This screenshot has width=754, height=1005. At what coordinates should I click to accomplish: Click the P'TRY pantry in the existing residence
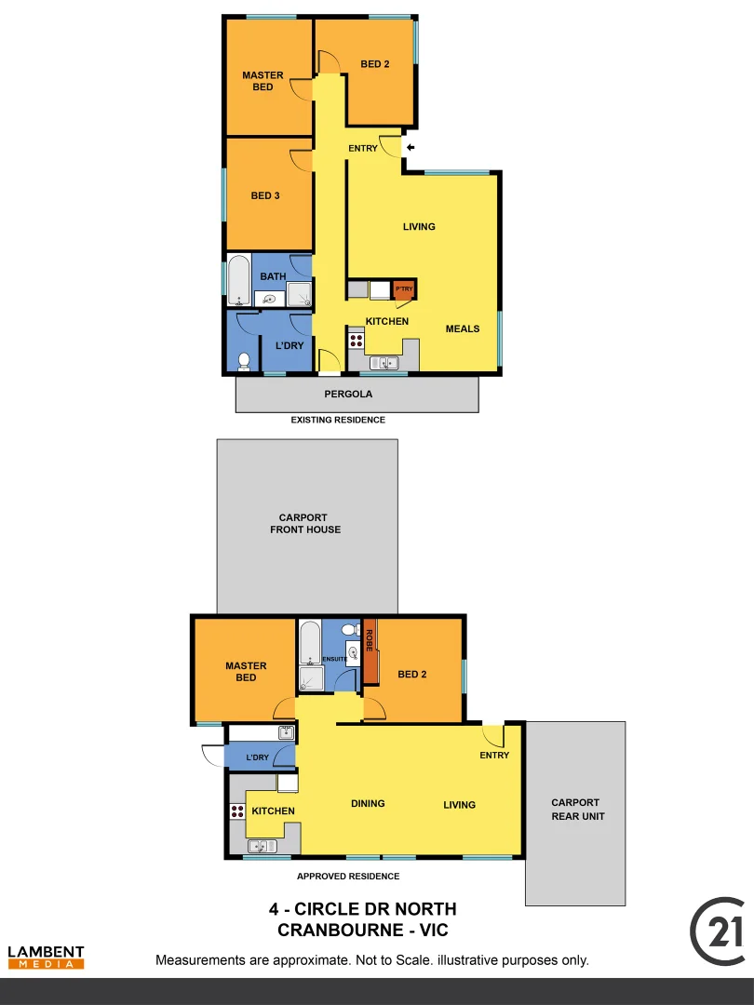pyautogui.click(x=404, y=290)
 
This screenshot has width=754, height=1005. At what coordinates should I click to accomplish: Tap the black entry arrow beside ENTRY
pyautogui.click(x=411, y=146)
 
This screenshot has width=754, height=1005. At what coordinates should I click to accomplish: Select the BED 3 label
pyautogui.click(x=265, y=196)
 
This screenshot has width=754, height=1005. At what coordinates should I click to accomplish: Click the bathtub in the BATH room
pyautogui.click(x=239, y=280)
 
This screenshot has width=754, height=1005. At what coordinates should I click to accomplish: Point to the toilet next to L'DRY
pyautogui.click(x=244, y=359)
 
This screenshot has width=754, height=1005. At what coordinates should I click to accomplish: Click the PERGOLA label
pyautogui.click(x=348, y=395)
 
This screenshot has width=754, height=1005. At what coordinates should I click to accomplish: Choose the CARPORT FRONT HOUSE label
pyautogui.click(x=305, y=524)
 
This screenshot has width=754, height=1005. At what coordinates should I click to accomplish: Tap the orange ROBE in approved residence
pyautogui.click(x=370, y=650)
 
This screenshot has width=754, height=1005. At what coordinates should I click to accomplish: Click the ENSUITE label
pyautogui.click(x=335, y=660)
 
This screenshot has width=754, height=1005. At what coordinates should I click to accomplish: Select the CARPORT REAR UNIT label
pyautogui.click(x=575, y=810)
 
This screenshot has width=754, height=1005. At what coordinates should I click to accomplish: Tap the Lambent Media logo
pyautogui.click(x=46, y=958)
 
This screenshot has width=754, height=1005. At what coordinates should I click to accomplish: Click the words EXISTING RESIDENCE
pyautogui.click(x=338, y=421)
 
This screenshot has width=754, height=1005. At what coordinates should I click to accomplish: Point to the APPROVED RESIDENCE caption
pyautogui.click(x=348, y=877)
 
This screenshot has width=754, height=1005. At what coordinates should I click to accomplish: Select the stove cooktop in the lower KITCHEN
pyautogui.click(x=236, y=811)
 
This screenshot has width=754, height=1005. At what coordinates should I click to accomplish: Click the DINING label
pyautogui.click(x=368, y=804)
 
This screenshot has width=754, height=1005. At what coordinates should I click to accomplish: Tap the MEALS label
pyautogui.click(x=463, y=328)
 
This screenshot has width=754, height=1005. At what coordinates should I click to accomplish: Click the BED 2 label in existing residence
pyautogui.click(x=374, y=64)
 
